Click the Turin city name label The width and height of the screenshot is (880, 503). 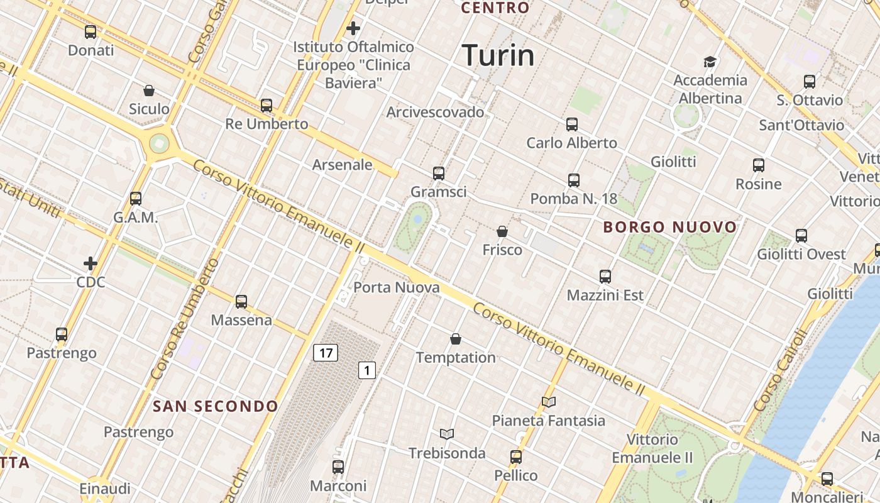498,55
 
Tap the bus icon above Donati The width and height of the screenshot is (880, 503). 91,32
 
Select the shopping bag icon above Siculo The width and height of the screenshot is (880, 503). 149,91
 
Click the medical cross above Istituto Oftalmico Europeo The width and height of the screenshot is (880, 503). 353,28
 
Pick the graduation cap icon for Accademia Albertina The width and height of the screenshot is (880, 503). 710,62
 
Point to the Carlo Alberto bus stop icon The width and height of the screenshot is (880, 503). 571,124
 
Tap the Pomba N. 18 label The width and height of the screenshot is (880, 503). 573,199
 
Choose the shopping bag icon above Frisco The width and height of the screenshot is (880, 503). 502,231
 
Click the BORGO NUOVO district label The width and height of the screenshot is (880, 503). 670,227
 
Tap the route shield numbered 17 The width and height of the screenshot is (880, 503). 326,353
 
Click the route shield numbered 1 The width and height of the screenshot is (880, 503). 367,370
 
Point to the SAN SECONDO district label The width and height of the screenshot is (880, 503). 216,406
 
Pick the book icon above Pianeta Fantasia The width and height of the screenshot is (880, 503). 549,402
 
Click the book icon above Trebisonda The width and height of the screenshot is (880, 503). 447,434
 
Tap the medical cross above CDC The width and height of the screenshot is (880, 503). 91,263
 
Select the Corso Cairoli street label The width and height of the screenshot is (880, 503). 778,372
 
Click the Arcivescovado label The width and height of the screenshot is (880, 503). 435,113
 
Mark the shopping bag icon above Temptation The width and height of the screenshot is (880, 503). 456,340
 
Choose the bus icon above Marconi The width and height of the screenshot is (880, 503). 338,467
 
